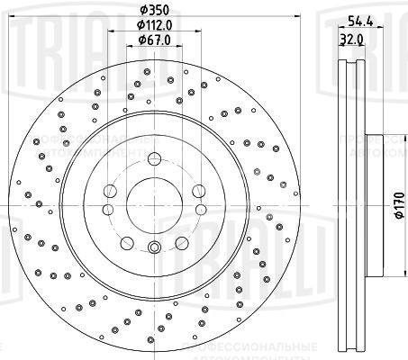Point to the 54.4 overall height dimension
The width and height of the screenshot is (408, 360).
click(x=360, y=21)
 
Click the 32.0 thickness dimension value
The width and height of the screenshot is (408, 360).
click(x=353, y=39)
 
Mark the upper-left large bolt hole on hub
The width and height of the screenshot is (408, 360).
click(x=110, y=190)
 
